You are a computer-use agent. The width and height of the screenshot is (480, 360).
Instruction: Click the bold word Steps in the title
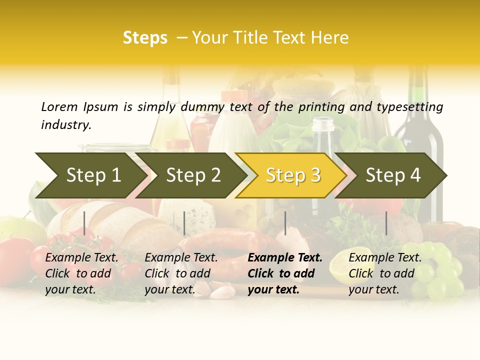click(x=145, y=38)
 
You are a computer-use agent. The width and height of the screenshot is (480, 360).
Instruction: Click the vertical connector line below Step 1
click(x=84, y=223)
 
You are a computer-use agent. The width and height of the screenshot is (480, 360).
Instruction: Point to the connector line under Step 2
click(x=184, y=223)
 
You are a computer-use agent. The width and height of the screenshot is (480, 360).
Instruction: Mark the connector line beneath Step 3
click(x=285, y=223)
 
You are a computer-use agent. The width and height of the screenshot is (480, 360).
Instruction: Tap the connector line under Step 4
click(x=386, y=223)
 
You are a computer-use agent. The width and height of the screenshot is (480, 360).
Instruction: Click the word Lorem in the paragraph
click(x=59, y=106)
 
